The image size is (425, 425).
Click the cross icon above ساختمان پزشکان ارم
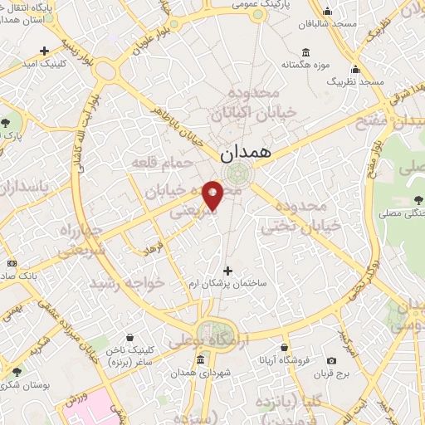pyautogui.click(x=228, y=271)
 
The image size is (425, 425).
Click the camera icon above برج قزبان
pyautogui.click(x=332, y=360)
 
